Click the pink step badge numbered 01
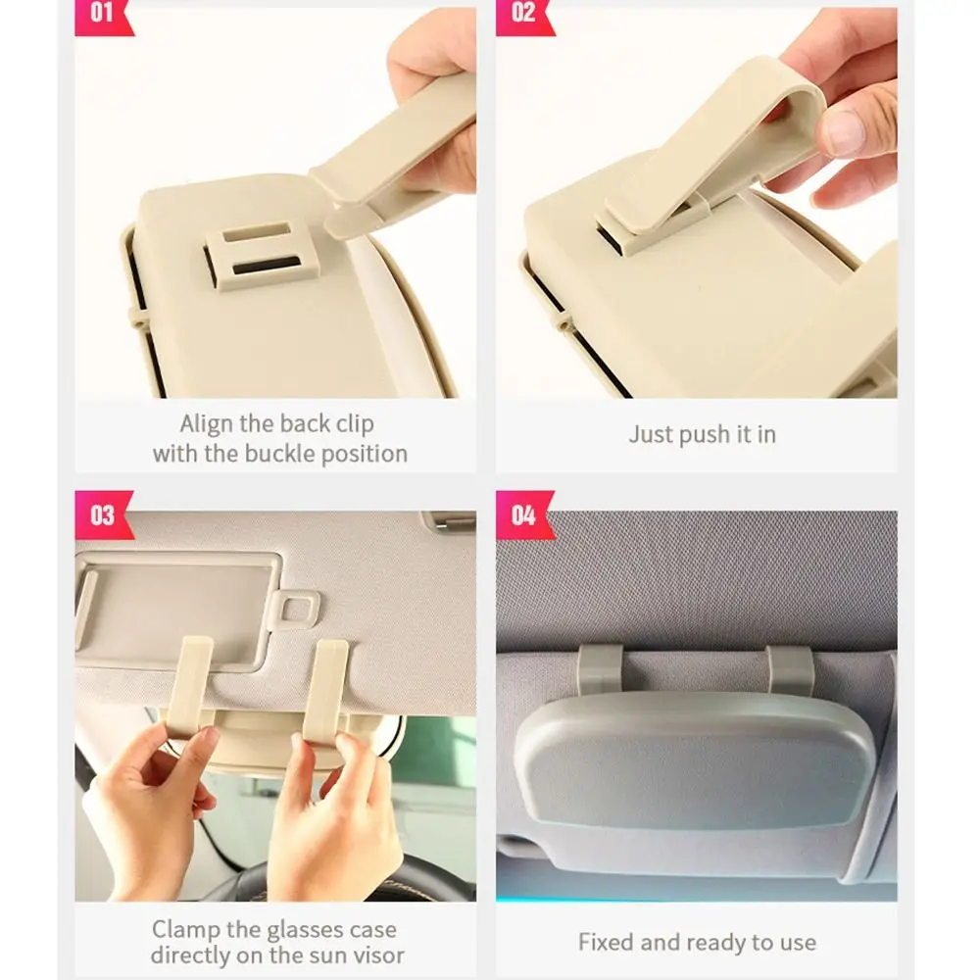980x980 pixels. coord(102,17)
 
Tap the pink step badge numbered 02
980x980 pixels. coord(523,17)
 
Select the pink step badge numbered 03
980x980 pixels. coord(103,515)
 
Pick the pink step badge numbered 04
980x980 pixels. coord(524,515)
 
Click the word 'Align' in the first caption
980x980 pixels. coord(206,424)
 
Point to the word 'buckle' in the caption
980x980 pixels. coord(279,453)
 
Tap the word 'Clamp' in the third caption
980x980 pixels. coord(185,930)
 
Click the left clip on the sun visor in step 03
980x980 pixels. coord(189,684)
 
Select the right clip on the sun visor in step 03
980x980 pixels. coord(325,688)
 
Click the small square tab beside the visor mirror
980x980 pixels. coord(296,609)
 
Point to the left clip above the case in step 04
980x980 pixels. coord(600,668)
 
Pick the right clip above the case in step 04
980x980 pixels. coord(790,670)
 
